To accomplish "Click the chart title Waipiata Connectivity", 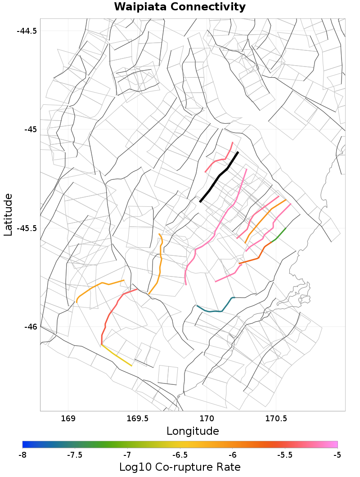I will coord(180,7).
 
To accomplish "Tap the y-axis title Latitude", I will coord(8,214).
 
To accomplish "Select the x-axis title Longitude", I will coord(193,431).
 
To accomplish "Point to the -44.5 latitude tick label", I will coord(27,31).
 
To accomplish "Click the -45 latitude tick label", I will coord(30,129).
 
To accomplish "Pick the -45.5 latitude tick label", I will coord(27,228).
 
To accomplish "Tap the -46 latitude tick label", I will coord(30,326).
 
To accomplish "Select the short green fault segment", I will coord(280,234).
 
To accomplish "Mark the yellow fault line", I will coord(117,356).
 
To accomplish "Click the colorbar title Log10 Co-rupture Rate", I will coord(180,467).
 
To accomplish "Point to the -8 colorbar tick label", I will coord(22,455).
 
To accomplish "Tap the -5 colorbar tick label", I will coord(337,455).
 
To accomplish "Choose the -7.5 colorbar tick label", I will coord(74,455).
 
